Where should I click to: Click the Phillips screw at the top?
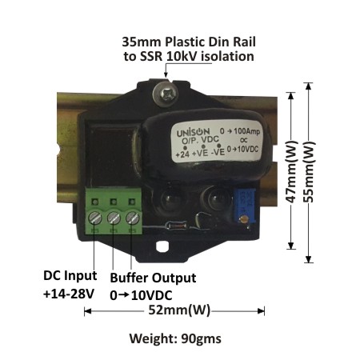pyautogui.click(x=166, y=94)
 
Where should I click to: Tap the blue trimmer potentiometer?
pyautogui.click(x=245, y=206)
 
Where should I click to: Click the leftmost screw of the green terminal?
pyautogui.click(x=95, y=218)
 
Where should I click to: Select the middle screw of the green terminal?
pyautogui.click(x=114, y=218)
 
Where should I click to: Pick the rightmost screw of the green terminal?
pyautogui.click(x=133, y=218)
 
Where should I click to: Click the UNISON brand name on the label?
pyautogui.click(x=194, y=132)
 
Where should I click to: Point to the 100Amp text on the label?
pyautogui.click(x=247, y=131)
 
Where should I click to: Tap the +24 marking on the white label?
pyautogui.click(x=182, y=154)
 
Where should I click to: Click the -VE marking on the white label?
pyautogui.click(x=218, y=153)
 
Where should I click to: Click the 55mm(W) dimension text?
pyautogui.click(x=310, y=171)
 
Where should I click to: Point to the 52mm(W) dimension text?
pyautogui.click(x=179, y=310)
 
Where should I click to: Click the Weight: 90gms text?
pyautogui.click(x=175, y=338)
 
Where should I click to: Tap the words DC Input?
pyautogui.click(x=70, y=275)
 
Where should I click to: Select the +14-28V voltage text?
pyautogui.click(x=69, y=294)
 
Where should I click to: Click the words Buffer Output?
pyautogui.click(x=153, y=278)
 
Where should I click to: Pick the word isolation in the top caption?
pyautogui.click(x=227, y=56)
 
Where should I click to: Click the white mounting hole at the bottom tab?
pyautogui.click(x=162, y=246)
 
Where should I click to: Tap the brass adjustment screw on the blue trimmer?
pyautogui.click(x=244, y=219)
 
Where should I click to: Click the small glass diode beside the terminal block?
pyautogui.click(x=177, y=226)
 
